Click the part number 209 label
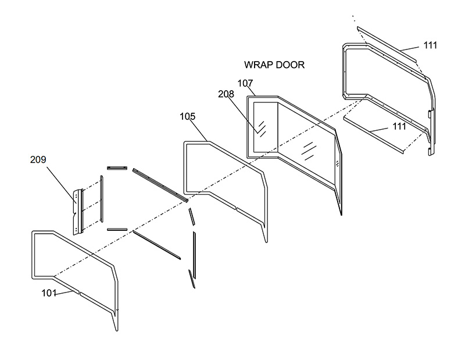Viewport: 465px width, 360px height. coord(38,159)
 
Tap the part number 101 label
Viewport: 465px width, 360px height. coord(49,293)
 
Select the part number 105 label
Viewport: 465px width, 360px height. coord(187,116)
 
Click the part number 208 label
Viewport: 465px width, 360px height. coord(226,94)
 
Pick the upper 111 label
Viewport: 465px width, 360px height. coord(431,45)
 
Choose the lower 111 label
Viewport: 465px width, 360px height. coord(399,126)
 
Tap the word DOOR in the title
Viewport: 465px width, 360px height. coord(290,65)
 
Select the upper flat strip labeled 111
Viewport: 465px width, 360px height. coord(387,44)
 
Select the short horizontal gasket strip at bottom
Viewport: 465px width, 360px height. coord(117,229)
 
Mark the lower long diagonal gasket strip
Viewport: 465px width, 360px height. coord(157,244)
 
